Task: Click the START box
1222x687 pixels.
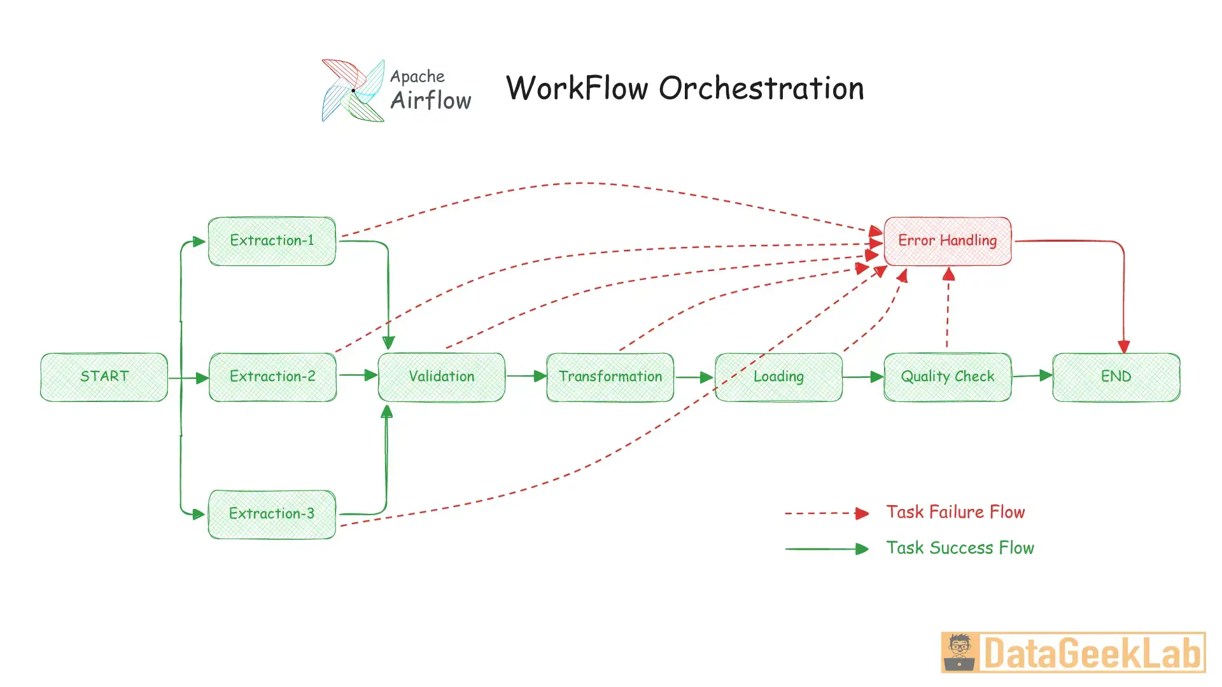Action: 104,377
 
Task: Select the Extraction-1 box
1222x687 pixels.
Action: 272,240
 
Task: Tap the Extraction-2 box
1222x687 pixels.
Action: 272,377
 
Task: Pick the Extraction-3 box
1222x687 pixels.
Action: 272,514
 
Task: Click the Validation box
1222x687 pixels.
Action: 442,377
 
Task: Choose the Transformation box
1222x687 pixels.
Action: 610,377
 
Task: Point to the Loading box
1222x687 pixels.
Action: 778,377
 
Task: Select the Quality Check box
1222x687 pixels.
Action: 947,377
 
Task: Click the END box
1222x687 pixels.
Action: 1116,377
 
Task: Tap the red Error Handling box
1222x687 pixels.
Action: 947,240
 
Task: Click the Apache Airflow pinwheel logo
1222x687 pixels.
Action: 353,90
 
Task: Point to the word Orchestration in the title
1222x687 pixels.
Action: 761,88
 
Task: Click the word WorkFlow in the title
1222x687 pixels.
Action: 577,88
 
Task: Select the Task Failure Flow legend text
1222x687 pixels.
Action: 955,512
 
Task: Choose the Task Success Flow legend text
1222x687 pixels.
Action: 960,548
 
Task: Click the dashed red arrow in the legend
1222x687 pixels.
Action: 826,513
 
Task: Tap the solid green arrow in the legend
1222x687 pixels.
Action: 826,548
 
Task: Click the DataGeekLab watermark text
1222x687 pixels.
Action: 1091,653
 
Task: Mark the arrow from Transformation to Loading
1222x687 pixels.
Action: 694,377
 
